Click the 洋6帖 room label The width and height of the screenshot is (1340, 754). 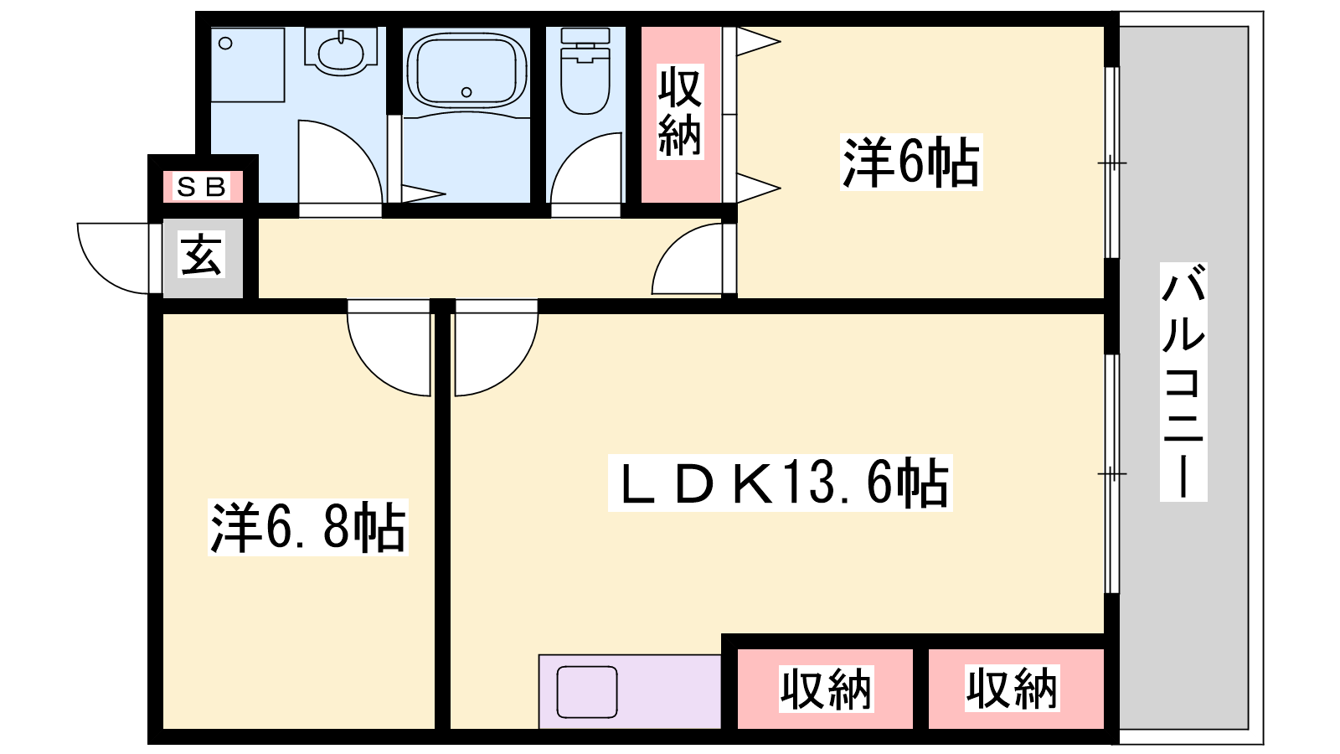pos(911,163)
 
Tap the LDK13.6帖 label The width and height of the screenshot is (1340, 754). pos(780,483)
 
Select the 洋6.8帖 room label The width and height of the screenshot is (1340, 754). pos(308,527)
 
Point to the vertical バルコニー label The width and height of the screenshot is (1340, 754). pos(1183,382)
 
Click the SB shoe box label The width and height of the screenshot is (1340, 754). pos(202,188)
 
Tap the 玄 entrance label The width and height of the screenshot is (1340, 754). pos(202,255)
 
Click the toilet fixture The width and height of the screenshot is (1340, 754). pos(585,70)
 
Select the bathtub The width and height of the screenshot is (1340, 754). pos(467,70)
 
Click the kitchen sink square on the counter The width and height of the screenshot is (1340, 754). pos(587,692)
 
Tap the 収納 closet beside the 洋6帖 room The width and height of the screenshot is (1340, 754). pos(681,114)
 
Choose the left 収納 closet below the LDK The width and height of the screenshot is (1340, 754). pos(826,689)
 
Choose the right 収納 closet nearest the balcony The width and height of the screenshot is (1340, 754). pos(1016,689)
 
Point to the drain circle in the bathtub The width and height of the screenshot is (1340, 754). pos(466,92)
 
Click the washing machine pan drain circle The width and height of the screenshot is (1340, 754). pos(225,43)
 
